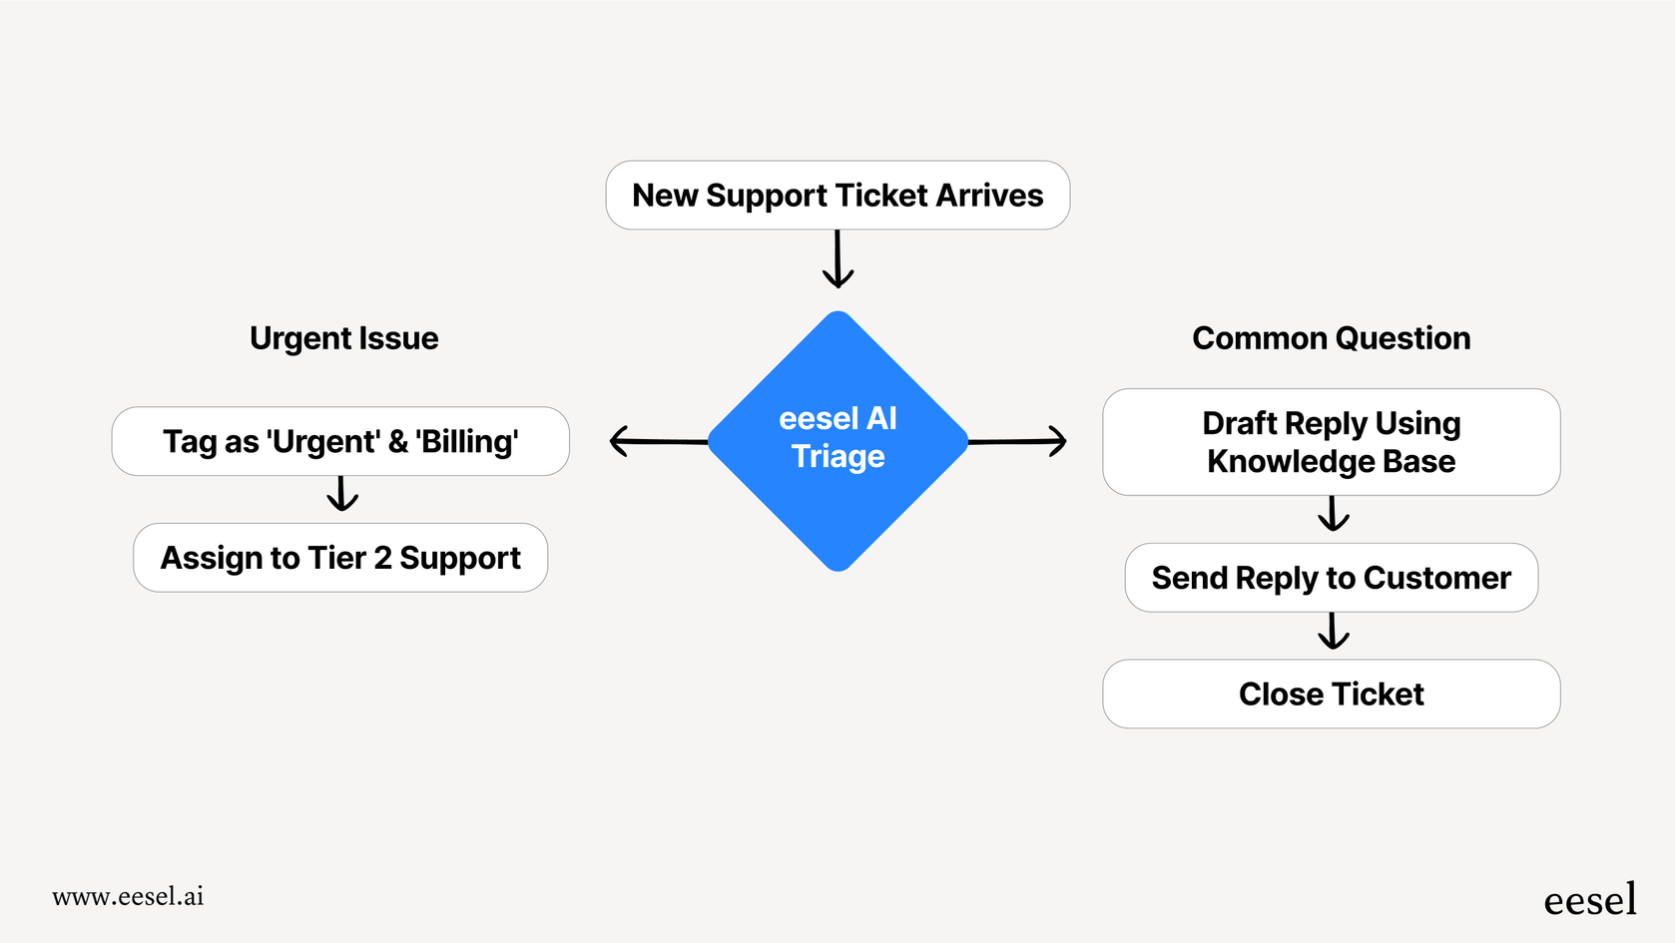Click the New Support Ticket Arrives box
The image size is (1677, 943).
tap(838, 196)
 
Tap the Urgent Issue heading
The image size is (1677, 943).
tap(343, 338)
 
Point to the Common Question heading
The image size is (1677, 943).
tap(1331, 338)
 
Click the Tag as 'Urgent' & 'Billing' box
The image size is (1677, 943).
tap(340, 441)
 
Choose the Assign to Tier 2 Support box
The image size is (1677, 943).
tap(340, 558)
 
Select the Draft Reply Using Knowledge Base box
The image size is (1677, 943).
tap(1331, 442)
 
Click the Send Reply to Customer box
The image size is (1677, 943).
tap(1331, 578)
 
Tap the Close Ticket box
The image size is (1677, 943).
tap(1331, 694)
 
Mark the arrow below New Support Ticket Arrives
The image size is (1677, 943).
tap(838, 259)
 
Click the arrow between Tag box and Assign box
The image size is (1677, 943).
tap(342, 494)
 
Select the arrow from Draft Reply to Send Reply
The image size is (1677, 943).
tap(1333, 514)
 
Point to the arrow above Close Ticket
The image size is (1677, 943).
tap(1333, 631)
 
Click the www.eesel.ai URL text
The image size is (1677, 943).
tap(128, 896)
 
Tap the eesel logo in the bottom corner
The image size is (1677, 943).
tap(1589, 900)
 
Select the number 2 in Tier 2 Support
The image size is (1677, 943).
tap(382, 558)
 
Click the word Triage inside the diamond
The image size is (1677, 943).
tap(838, 457)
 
